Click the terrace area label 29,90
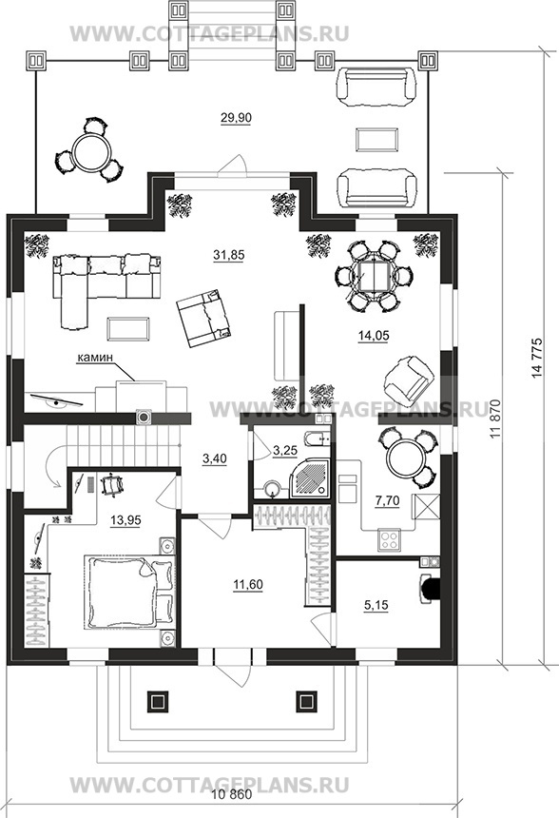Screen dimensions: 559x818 click(236, 118)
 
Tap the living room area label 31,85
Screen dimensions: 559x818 click(229, 255)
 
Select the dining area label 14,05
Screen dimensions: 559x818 click(374, 336)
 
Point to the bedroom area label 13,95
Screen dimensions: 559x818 click(125, 520)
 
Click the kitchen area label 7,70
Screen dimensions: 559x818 click(388, 501)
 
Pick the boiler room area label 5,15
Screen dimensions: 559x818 click(376, 606)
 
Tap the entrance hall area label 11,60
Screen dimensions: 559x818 click(248, 585)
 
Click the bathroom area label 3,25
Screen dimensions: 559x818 click(284, 449)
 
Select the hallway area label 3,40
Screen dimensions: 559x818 click(214, 459)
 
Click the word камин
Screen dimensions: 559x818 click(95, 358)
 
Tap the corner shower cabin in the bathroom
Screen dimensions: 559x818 click(311, 477)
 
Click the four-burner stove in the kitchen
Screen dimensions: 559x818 click(390, 539)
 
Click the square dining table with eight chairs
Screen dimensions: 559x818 click(375, 276)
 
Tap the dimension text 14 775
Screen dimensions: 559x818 click(537, 359)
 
